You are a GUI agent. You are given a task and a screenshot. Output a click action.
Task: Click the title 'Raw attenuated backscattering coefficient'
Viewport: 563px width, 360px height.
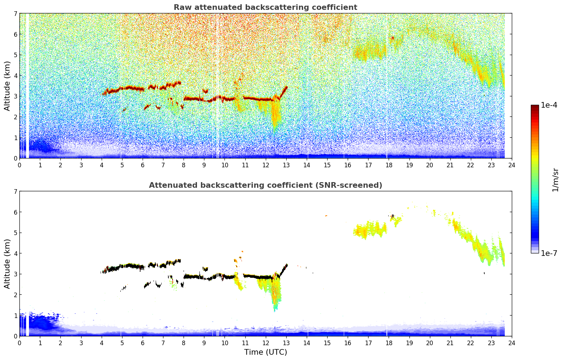(265, 7)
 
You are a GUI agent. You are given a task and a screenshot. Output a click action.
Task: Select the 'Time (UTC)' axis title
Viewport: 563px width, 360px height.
(265, 352)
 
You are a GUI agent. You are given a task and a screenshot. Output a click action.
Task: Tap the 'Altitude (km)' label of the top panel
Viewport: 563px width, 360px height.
(7, 86)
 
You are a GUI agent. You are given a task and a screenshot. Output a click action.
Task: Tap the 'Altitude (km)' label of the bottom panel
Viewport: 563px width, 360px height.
(7, 264)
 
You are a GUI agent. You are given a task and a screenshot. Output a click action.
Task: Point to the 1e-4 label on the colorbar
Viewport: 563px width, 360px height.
(549, 105)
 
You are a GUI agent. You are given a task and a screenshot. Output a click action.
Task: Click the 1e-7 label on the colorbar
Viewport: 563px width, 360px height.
(549, 253)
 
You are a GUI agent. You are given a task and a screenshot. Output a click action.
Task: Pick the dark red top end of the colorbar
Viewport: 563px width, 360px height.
(535, 107)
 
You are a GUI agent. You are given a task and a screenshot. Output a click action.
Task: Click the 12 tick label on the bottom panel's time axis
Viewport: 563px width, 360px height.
(265, 343)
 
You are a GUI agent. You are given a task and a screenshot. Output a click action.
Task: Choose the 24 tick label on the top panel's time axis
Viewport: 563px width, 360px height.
(512, 165)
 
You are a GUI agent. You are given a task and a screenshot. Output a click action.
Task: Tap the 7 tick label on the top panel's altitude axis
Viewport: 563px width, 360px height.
(15, 14)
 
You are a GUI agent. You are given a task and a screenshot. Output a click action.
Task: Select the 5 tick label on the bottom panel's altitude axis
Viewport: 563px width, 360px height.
(15, 233)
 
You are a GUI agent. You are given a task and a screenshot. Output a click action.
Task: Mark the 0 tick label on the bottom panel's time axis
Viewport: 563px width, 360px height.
(19, 343)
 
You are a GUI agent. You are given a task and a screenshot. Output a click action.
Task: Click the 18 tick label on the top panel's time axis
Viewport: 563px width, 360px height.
(389, 165)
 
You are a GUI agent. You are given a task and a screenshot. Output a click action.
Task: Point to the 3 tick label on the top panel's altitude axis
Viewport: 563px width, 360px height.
(15, 96)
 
